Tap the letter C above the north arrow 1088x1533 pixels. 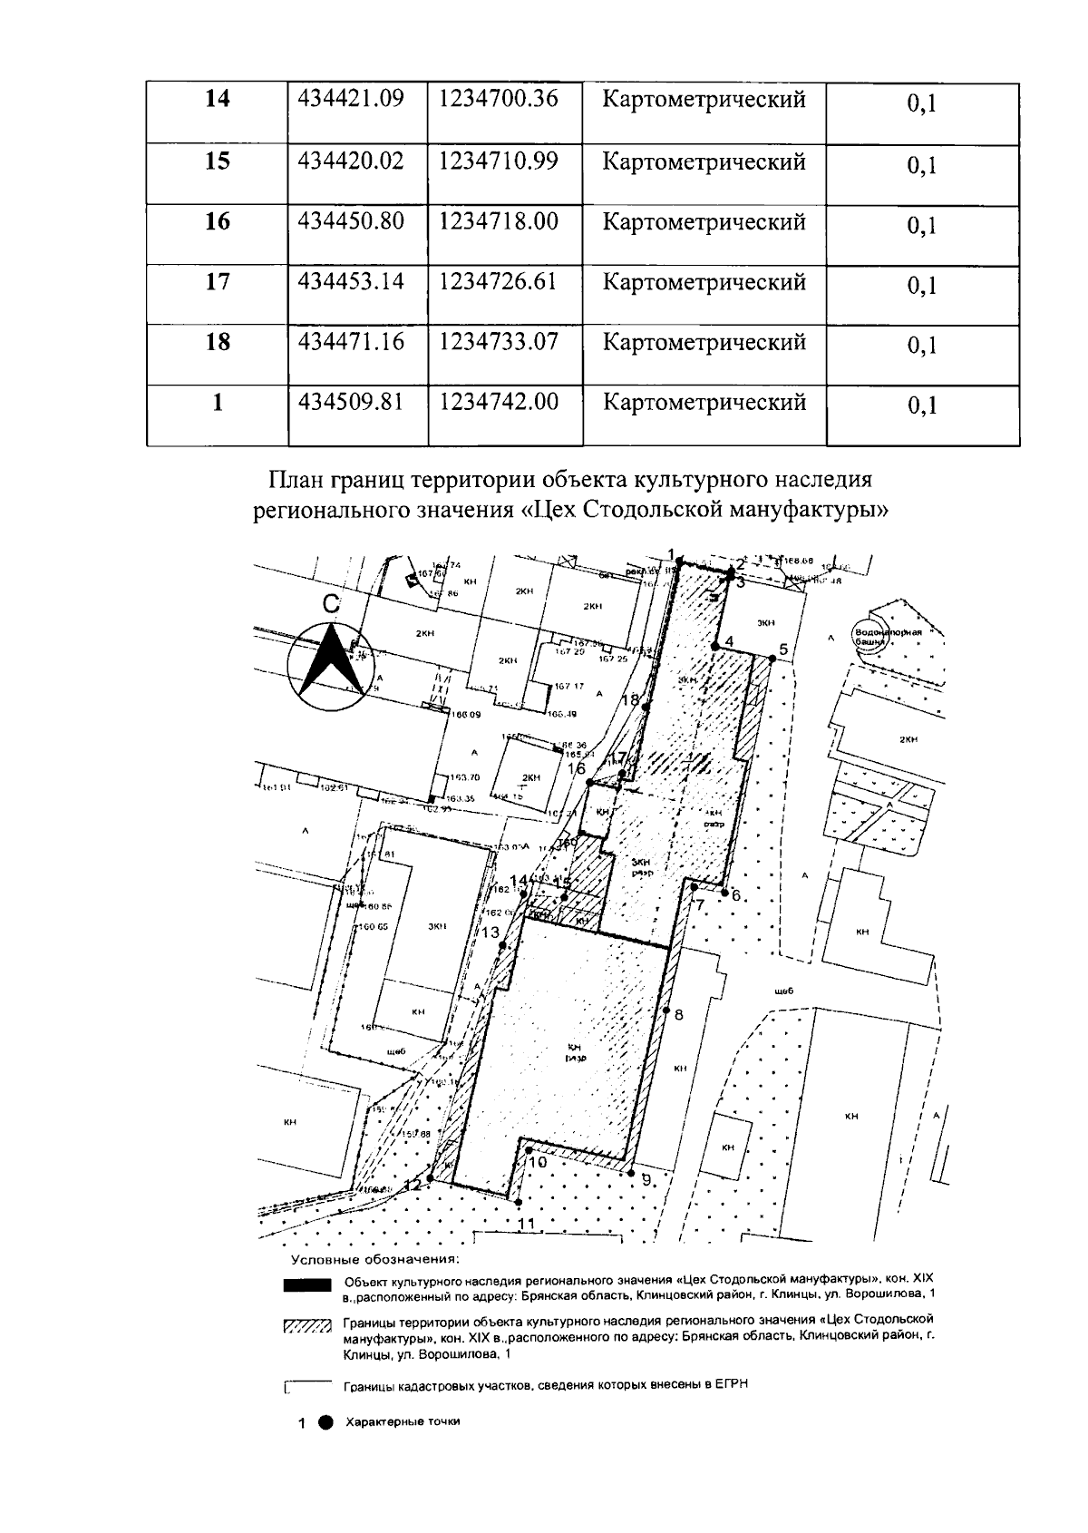[333, 605]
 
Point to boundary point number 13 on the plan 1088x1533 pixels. [502, 945]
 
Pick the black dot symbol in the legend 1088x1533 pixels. [325, 1421]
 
